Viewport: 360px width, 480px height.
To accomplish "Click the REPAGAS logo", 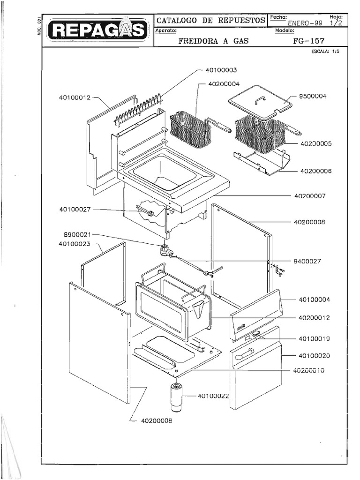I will pos(98,30).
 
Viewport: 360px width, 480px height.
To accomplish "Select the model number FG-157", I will pos(308,41).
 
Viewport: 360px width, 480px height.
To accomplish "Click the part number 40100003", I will pos(221,70).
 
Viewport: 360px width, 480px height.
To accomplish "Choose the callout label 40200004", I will pos(223,84).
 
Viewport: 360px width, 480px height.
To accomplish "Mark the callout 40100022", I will pos(213,396).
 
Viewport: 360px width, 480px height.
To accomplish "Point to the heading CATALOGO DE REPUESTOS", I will pos(210,20).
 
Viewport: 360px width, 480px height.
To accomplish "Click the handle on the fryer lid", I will pos(260,100).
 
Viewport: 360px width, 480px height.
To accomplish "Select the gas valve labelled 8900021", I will pos(165,249).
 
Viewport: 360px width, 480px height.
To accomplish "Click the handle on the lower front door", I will pos(244,353).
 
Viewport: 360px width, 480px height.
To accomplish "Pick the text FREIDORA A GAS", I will pos(213,41).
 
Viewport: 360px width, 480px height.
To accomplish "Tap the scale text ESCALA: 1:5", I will pos(325,52).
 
